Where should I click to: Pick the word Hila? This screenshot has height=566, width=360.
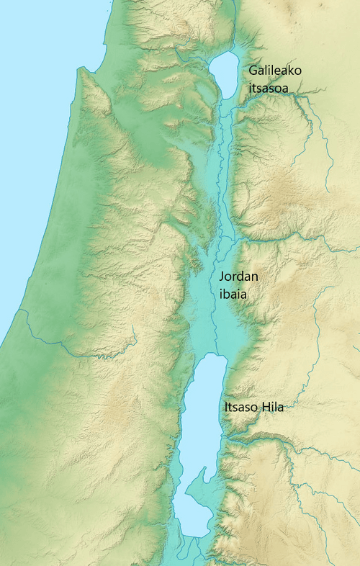(x=273, y=408)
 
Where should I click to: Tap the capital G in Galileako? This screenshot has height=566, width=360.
(x=253, y=71)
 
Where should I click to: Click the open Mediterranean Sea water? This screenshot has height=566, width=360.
(x=29, y=108)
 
